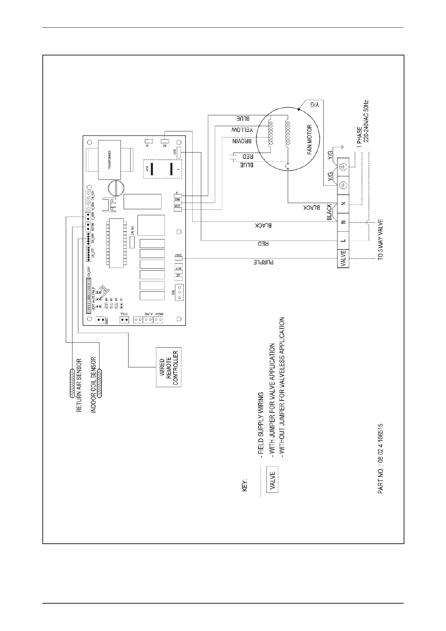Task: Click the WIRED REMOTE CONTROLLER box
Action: click(x=168, y=367)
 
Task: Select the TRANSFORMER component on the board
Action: click(x=109, y=160)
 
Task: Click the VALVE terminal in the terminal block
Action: click(x=343, y=258)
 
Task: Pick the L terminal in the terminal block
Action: click(x=343, y=241)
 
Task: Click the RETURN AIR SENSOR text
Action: click(x=79, y=386)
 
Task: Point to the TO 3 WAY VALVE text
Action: click(x=381, y=240)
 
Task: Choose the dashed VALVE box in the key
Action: click(x=272, y=479)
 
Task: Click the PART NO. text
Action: click(x=381, y=459)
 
